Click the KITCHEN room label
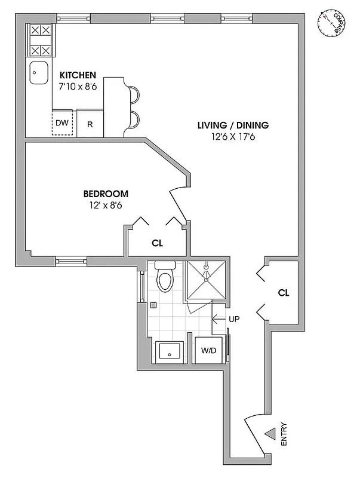click(x=78, y=75)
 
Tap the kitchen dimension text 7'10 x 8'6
click(x=78, y=87)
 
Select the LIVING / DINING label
click(x=233, y=125)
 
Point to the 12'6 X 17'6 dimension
click(x=233, y=137)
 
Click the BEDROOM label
click(x=106, y=194)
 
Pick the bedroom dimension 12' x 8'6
click(x=106, y=206)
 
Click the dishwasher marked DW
click(x=62, y=124)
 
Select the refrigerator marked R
click(x=90, y=124)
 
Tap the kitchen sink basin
click(x=39, y=74)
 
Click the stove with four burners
click(x=39, y=39)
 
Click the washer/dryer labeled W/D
click(x=208, y=351)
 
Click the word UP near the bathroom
click(x=234, y=320)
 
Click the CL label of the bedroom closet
click(x=157, y=243)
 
